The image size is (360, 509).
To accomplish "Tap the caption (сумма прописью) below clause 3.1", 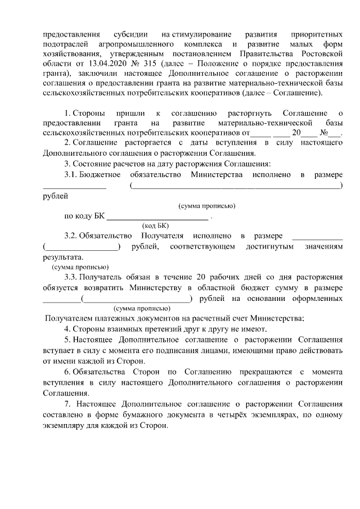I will coord(206,206).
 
